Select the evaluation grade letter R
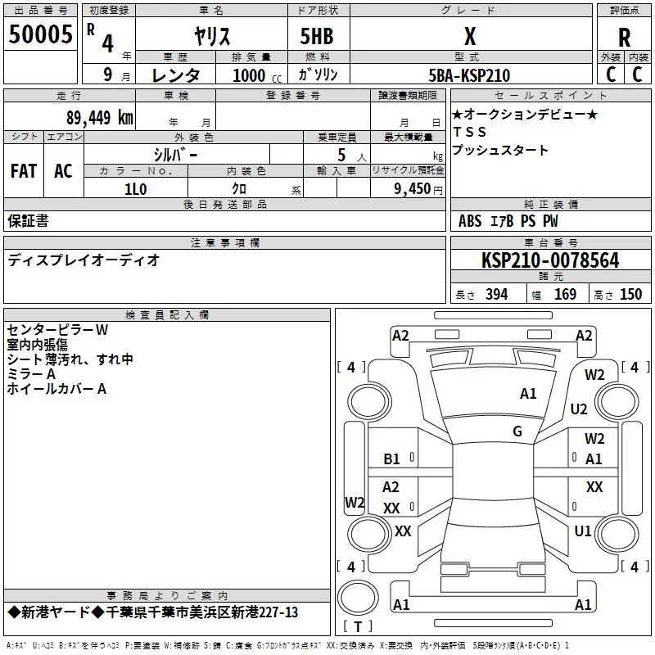point(624,37)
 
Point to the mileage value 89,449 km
point(99,118)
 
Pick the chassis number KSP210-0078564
point(550,261)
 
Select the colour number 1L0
point(135,187)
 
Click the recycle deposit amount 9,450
point(413,188)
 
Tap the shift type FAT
point(24,171)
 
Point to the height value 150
point(630,295)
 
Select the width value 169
point(565,295)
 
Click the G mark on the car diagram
point(517,431)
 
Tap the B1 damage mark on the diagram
point(392,459)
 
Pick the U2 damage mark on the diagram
point(579,409)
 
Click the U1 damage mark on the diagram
point(583,531)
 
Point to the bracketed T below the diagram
point(357,626)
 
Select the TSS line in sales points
point(470,132)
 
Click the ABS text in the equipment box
point(470,221)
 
